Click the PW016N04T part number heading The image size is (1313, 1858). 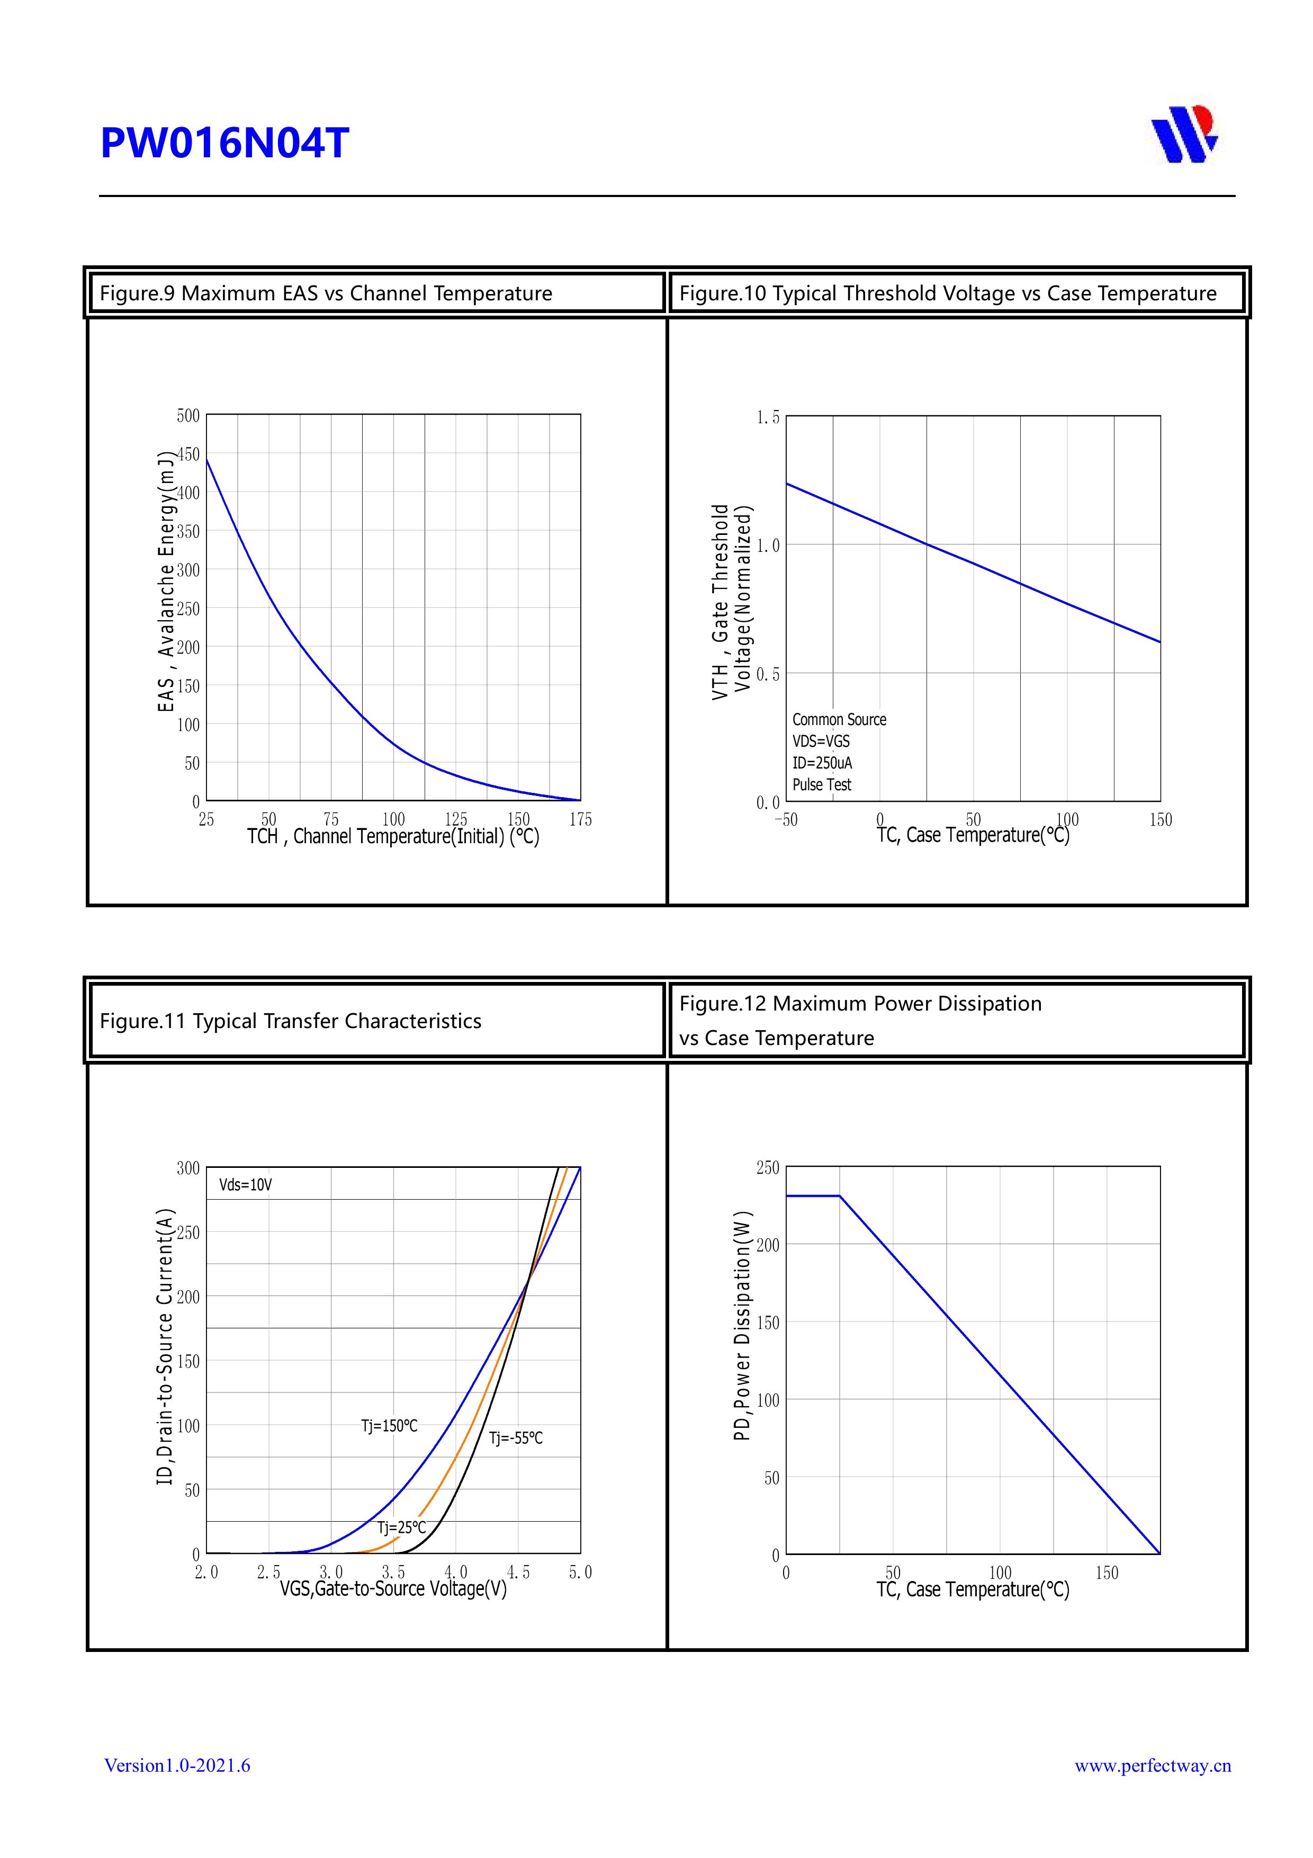(x=224, y=143)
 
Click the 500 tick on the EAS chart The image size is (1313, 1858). (x=188, y=416)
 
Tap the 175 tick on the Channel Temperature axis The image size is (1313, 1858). (x=580, y=820)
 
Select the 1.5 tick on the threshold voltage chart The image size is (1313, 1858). (x=768, y=417)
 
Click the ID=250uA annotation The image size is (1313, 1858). (x=821, y=763)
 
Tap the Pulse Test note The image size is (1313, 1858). (x=821, y=785)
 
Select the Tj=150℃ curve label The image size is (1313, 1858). (x=389, y=1425)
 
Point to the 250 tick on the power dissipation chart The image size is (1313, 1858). (x=767, y=1168)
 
